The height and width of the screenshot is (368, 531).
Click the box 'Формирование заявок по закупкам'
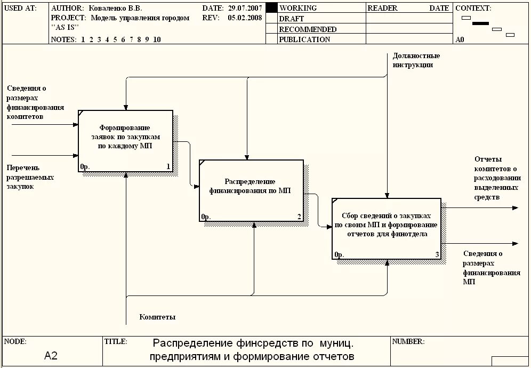[x=125, y=140]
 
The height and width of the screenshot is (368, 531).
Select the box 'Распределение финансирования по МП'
[x=251, y=190]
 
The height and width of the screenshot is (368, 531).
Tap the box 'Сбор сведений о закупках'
[x=386, y=228]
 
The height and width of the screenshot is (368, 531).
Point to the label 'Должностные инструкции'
[x=416, y=60]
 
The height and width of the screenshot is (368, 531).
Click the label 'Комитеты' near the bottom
[x=157, y=317]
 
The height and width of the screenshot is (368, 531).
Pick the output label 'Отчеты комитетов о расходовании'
[x=497, y=178]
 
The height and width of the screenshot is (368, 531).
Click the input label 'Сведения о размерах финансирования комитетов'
[x=35, y=102]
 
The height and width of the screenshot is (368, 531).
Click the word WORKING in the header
[x=297, y=8]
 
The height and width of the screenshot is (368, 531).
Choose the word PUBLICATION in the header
[x=304, y=39]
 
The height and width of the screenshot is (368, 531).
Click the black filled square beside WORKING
[x=271, y=7]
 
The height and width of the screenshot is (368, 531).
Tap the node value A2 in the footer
[x=51, y=356]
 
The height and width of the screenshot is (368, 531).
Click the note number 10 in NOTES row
[x=157, y=39]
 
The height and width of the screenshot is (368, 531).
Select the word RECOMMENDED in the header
[x=308, y=29]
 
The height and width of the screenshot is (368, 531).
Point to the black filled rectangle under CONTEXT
[x=480, y=23]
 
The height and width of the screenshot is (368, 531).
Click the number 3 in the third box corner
[x=437, y=255]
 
